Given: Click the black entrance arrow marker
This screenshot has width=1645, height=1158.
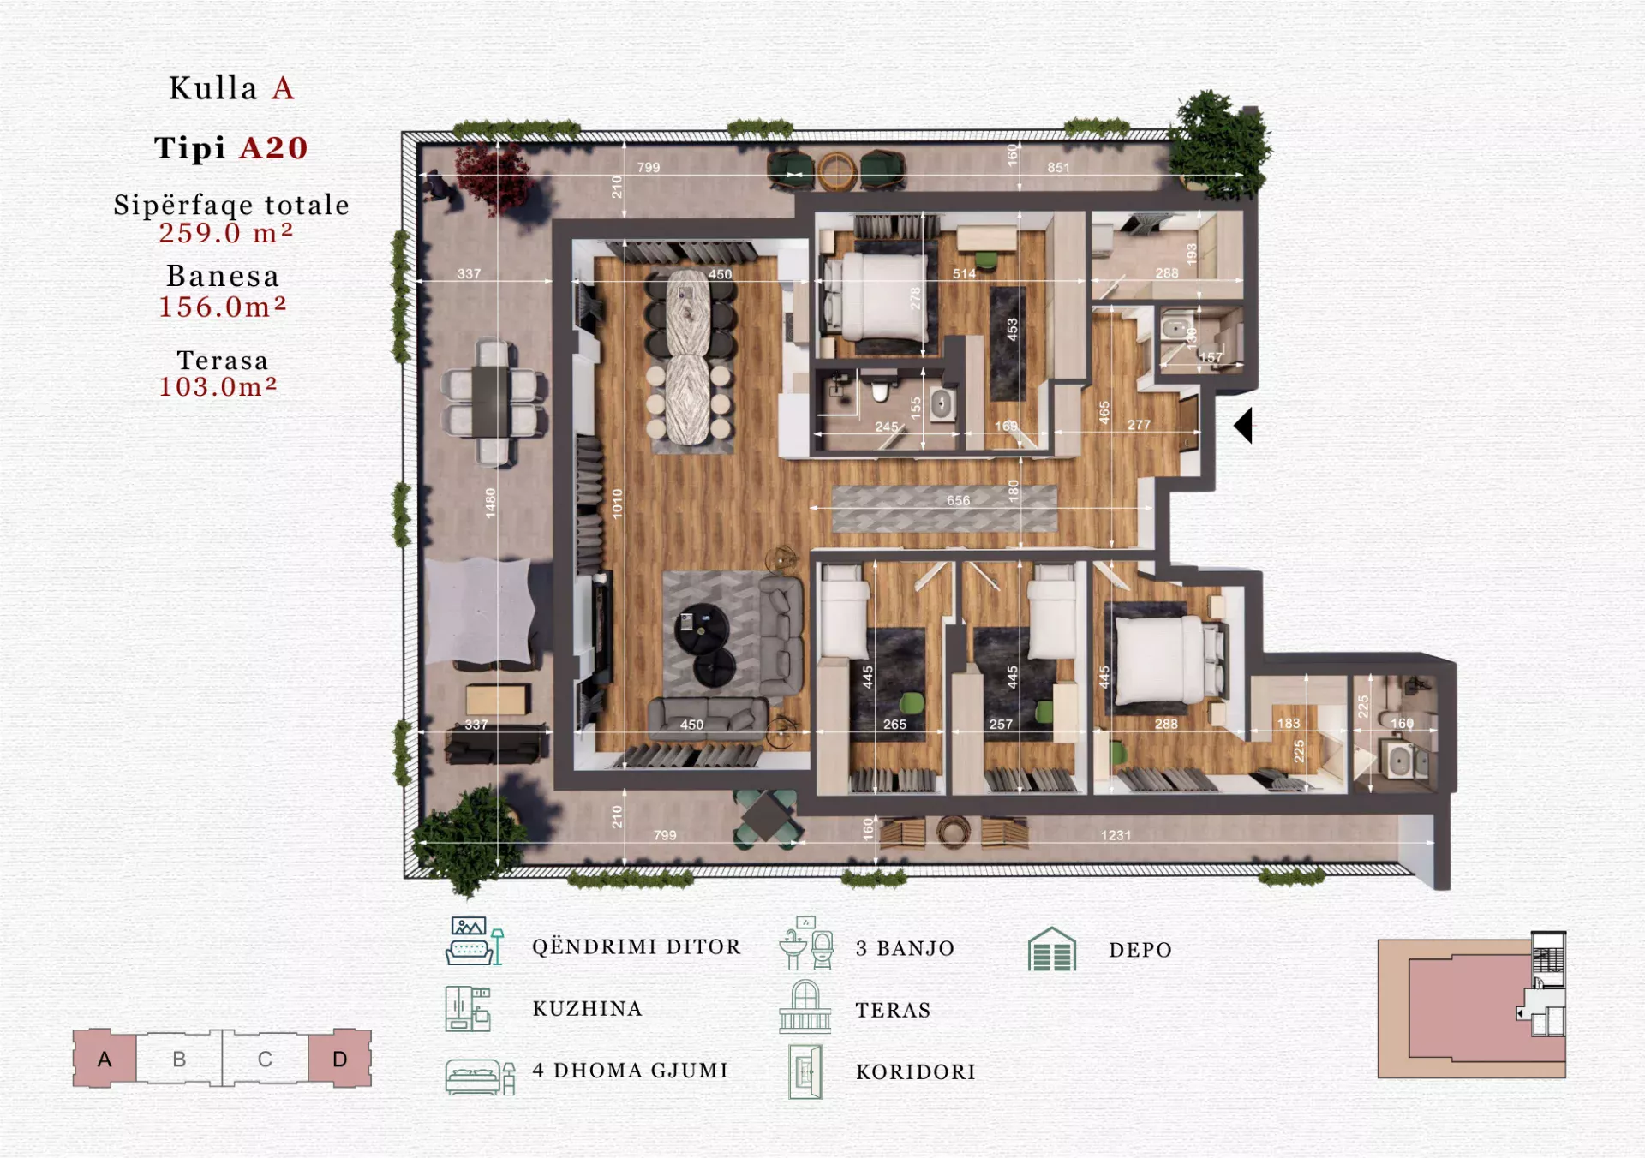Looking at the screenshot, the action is [1245, 426].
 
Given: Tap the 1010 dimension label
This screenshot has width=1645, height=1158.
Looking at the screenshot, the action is [617, 504].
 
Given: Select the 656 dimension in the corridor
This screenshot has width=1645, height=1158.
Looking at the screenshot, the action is [958, 500].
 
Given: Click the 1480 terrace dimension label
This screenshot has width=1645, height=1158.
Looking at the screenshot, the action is [490, 503].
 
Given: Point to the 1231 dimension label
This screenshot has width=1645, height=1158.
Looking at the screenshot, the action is [1116, 835].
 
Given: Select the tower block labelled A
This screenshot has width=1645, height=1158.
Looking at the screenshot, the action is [105, 1059].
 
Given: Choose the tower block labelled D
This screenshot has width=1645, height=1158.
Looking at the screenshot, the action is [340, 1059].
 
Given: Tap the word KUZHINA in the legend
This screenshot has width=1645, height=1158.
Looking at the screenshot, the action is [588, 1009].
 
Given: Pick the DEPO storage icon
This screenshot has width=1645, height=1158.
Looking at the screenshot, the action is [1052, 949].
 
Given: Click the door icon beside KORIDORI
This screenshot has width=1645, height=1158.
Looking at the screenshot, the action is [805, 1071].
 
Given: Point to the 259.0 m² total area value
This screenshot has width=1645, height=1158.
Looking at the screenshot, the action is [226, 233].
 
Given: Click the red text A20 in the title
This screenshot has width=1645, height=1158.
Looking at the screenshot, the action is [273, 148].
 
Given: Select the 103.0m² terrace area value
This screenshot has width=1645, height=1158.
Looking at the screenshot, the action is [218, 387].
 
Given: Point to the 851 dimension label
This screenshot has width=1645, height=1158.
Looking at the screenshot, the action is [1058, 168].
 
